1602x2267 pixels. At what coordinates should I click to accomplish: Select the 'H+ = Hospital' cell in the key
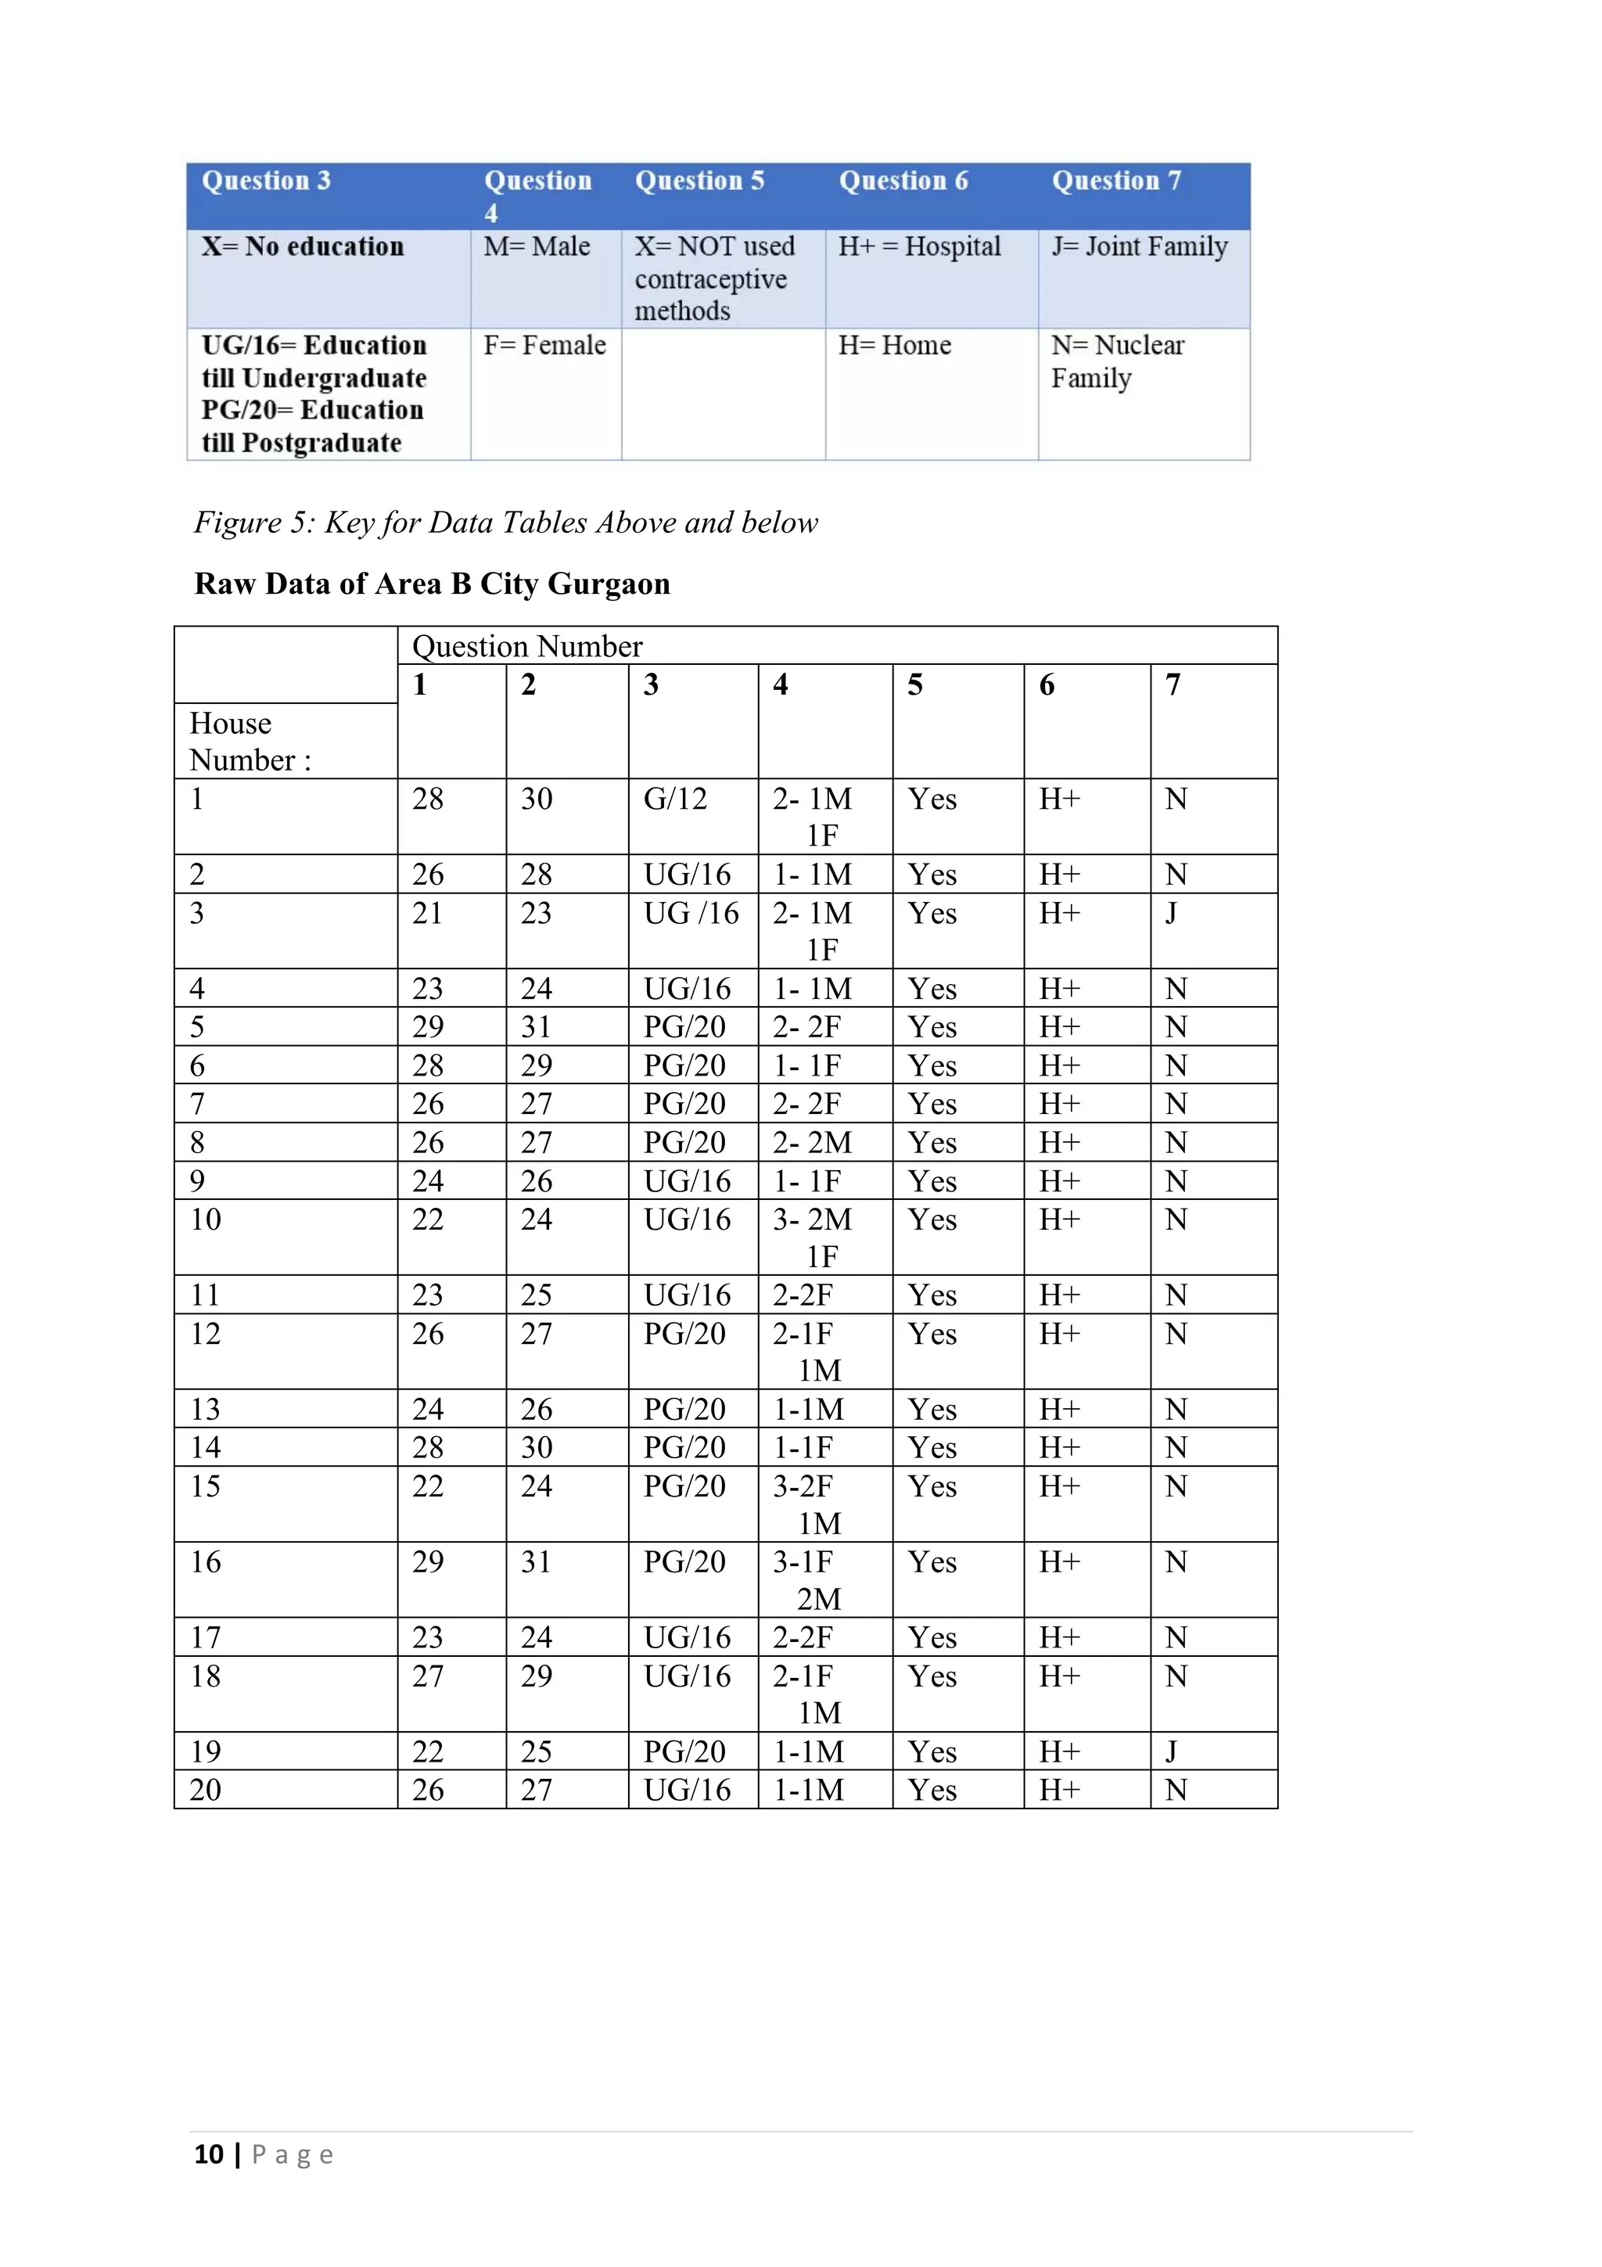click(919, 247)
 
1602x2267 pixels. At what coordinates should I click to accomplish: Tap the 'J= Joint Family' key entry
click(1139, 247)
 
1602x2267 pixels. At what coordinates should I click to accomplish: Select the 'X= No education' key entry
click(302, 247)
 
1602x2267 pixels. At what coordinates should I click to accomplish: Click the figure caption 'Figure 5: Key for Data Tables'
click(505, 523)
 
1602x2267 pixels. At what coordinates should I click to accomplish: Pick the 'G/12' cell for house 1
click(675, 799)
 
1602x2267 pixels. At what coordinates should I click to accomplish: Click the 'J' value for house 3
click(1171, 914)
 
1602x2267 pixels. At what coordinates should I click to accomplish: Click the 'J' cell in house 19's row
click(1171, 1751)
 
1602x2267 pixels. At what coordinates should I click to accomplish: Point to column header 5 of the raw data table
click(915, 685)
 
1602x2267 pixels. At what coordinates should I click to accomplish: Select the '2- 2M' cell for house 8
click(811, 1142)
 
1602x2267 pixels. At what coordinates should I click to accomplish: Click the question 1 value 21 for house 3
click(427, 914)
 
